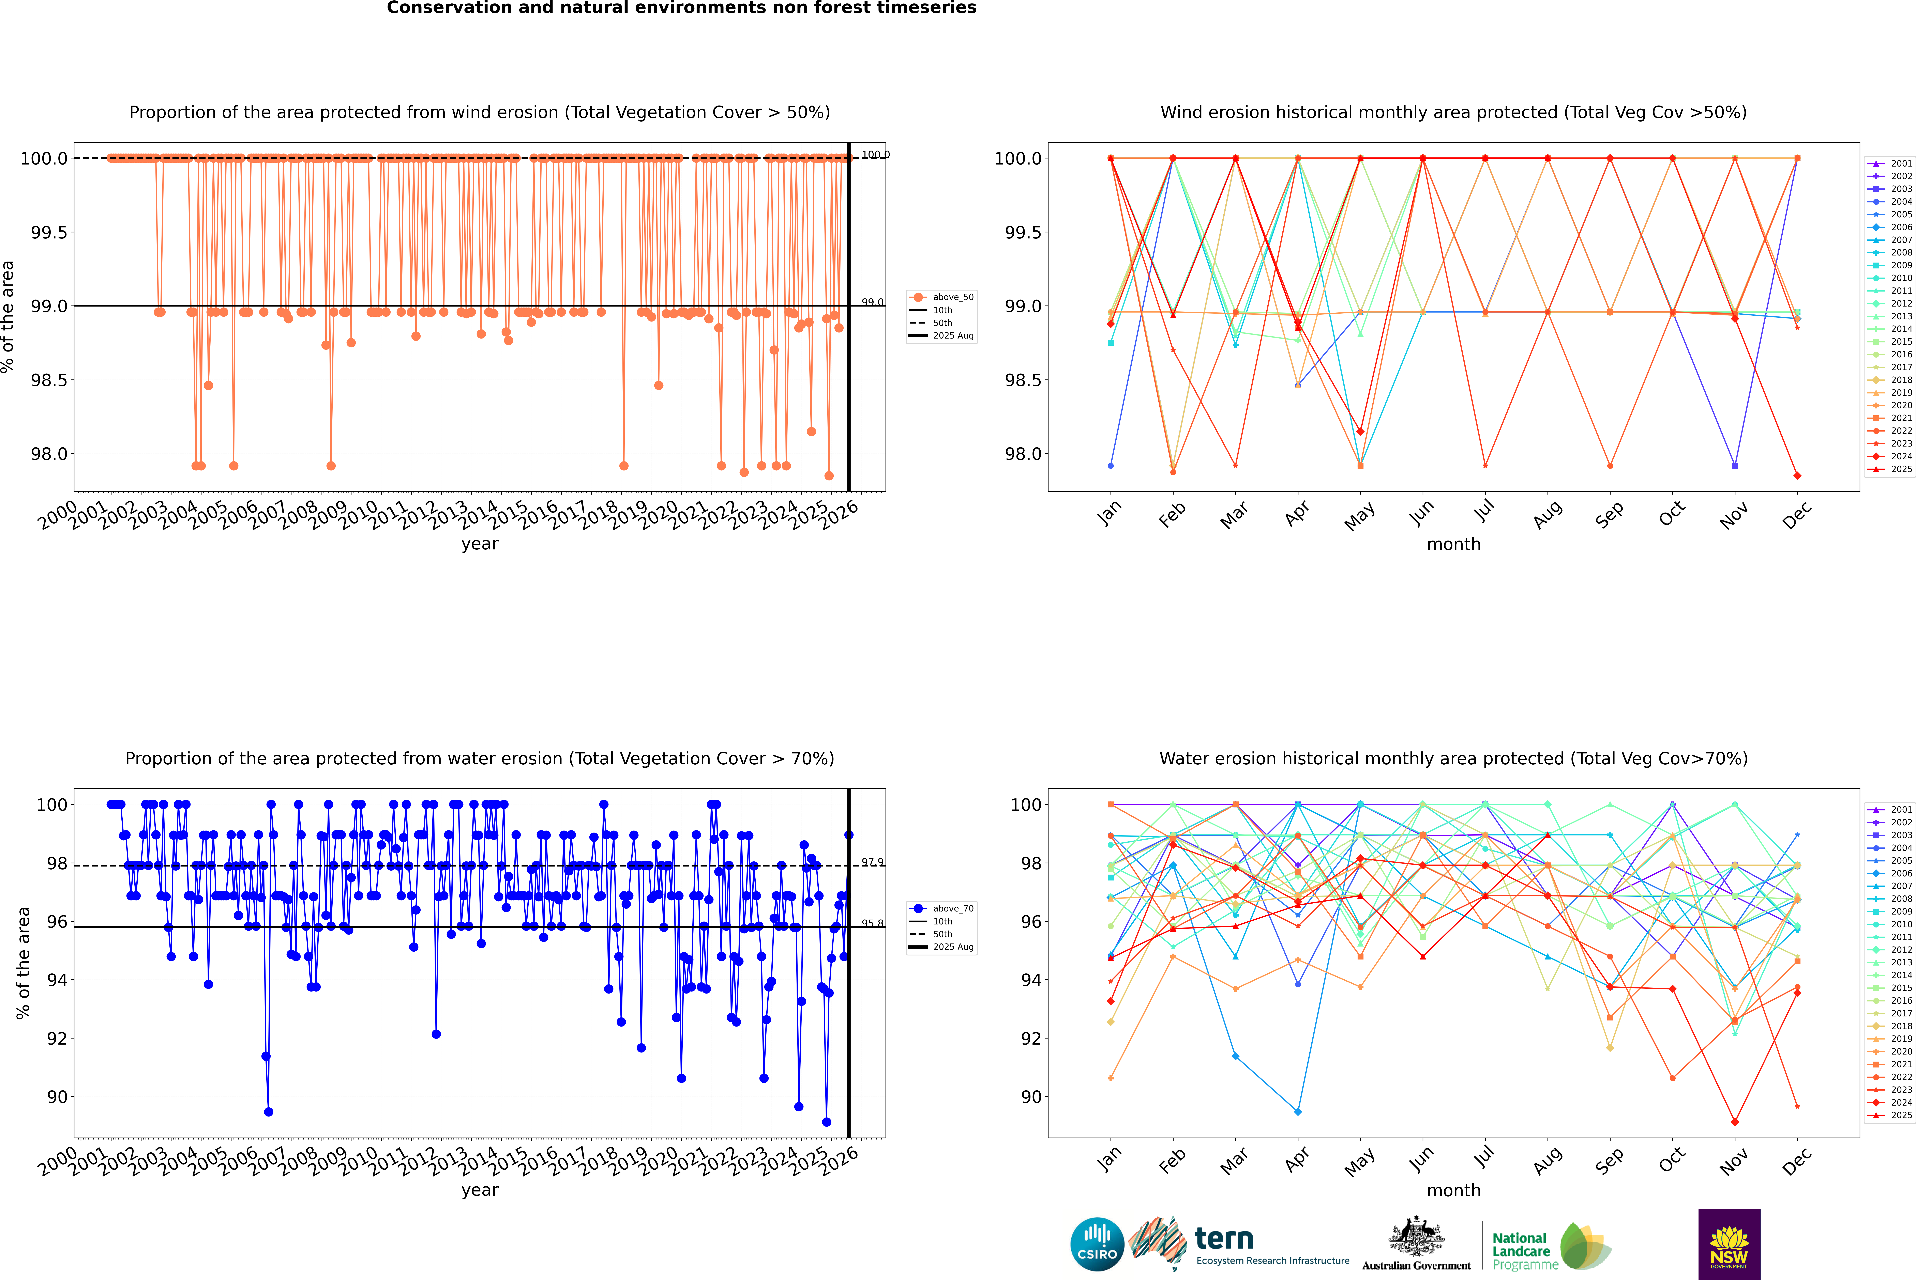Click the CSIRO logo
point(1097,1244)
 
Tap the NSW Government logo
point(1729,1244)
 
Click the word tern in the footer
point(1223,1238)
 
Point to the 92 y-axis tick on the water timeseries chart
point(57,1038)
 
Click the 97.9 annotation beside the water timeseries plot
point(872,862)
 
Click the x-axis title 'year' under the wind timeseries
point(479,544)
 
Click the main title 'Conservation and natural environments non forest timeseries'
point(681,8)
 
